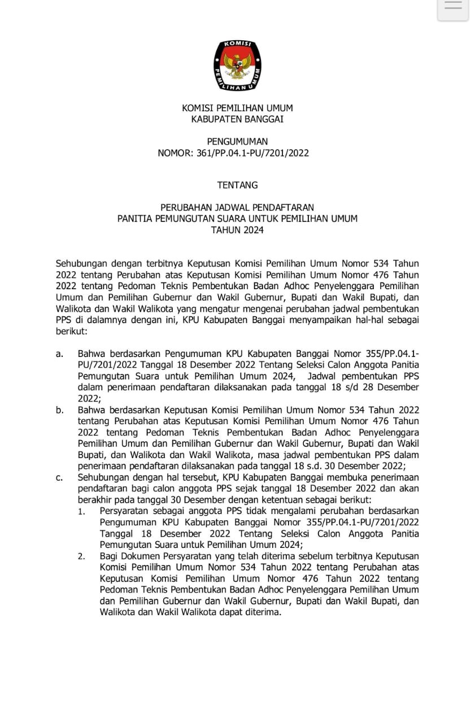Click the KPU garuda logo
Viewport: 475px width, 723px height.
237,66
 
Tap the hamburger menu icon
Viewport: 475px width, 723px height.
453,7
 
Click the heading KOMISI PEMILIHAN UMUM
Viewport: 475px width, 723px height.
237,108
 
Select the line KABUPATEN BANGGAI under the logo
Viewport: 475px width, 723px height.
237,119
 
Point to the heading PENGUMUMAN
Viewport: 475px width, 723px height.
237,142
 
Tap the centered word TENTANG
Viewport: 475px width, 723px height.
237,185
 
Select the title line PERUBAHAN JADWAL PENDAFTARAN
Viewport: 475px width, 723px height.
237,207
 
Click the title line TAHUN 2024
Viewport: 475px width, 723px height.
237,230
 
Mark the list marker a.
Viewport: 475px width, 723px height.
59,354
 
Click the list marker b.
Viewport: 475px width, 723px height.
59,410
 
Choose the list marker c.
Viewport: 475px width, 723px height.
59,478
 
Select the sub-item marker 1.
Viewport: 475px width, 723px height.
82,512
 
